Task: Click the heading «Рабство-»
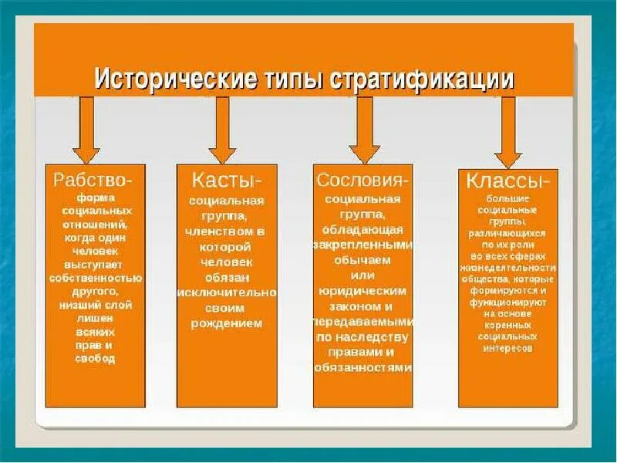point(93,179)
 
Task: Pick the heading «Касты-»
point(227,179)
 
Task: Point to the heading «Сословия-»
point(362,179)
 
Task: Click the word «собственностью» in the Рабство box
point(95,279)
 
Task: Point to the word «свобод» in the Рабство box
point(95,359)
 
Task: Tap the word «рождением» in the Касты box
point(226,323)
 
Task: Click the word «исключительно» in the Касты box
point(226,293)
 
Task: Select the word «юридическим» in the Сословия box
point(362,290)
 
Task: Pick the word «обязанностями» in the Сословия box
point(363,367)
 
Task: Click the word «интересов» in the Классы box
point(507,348)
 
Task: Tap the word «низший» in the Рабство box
point(81,305)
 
